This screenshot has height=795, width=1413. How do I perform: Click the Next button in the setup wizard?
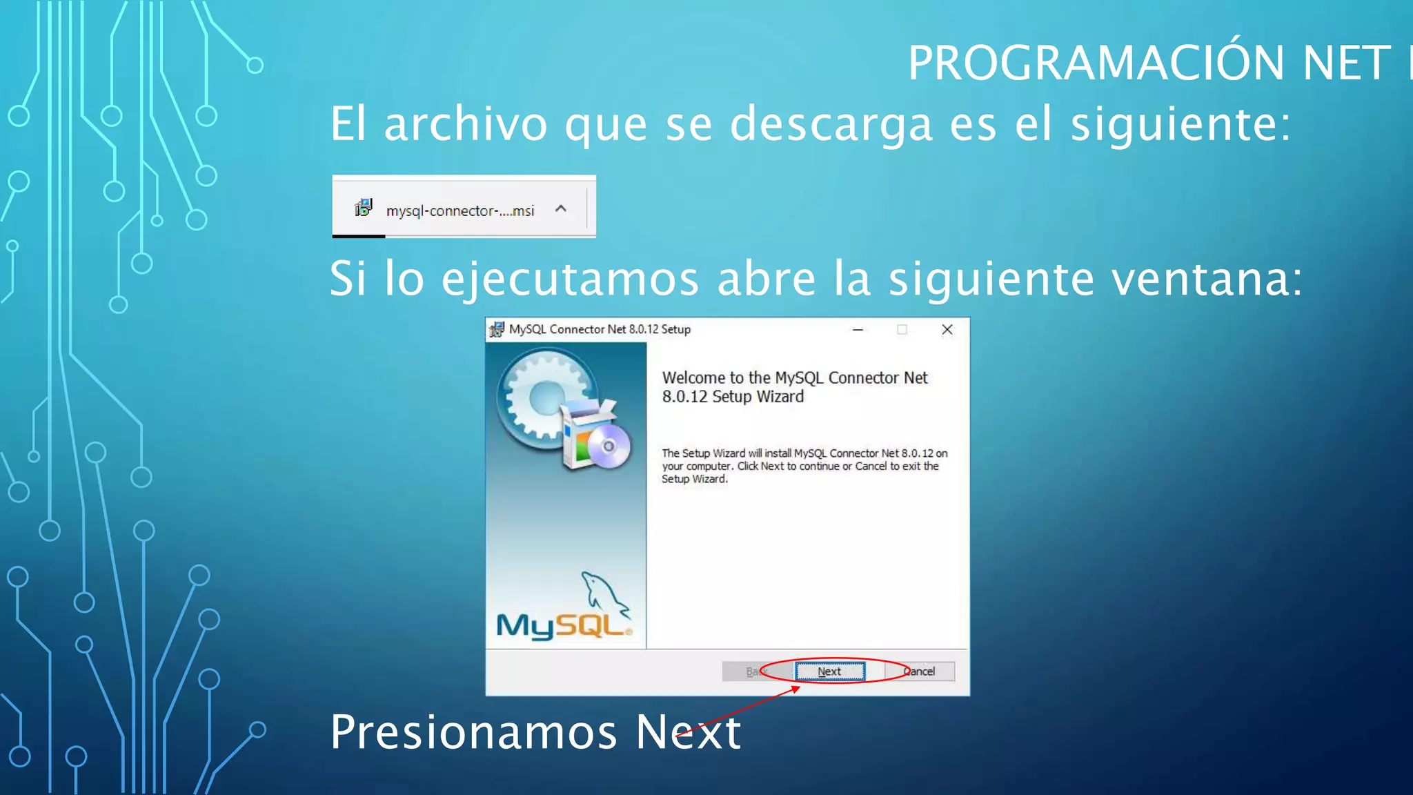tap(829, 671)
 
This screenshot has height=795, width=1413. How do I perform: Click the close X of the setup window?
tap(947, 330)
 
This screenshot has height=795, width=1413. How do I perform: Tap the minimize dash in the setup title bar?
tap(858, 330)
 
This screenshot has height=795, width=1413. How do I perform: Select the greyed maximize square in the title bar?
tap(902, 330)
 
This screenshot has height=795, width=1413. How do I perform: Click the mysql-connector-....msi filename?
tap(460, 210)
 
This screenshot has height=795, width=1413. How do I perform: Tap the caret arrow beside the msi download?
tap(561, 208)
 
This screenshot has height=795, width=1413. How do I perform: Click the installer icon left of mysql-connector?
tap(364, 207)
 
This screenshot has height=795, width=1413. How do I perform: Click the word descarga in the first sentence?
tap(831, 124)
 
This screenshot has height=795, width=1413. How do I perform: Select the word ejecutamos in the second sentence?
tap(570, 279)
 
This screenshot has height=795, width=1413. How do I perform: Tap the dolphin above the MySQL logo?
tap(603, 593)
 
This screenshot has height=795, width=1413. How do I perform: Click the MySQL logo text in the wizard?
tap(562, 626)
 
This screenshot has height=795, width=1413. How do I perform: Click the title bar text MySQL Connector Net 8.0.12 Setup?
tap(599, 330)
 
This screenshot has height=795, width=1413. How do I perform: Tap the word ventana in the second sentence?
tap(1200, 279)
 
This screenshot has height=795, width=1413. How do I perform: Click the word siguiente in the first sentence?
tap(1180, 124)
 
